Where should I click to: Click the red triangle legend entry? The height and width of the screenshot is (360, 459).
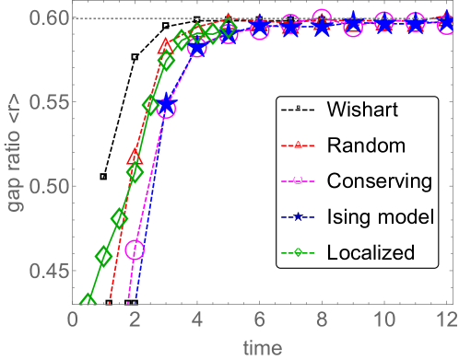(299, 145)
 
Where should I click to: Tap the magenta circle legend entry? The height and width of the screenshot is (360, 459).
(299, 181)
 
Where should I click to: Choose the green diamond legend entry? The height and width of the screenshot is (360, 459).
(299, 252)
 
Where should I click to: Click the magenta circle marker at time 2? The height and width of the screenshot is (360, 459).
(135, 250)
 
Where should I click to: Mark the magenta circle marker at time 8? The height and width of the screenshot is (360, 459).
(322, 18)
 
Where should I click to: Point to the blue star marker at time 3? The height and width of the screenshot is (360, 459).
(167, 105)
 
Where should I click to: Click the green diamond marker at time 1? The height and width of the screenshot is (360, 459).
(104, 256)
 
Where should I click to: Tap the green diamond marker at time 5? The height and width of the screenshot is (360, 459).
(229, 28)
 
